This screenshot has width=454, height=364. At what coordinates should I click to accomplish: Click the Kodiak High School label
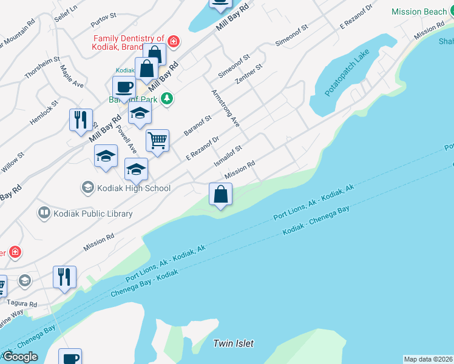[133, 188]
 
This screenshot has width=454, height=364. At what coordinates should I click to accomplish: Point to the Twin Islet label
[233, 343]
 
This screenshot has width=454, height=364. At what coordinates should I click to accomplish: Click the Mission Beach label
[419, 12]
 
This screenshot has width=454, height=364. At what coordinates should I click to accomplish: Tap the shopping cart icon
[157, 141]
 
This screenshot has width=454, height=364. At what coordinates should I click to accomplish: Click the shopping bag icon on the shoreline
[221, 195]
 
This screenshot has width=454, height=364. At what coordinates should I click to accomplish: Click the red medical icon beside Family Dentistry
[174, 41]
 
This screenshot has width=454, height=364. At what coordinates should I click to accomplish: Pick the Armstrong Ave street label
[225, 108]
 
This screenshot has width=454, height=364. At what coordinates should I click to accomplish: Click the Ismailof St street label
[228, 156]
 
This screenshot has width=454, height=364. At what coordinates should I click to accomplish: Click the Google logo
[21, 357]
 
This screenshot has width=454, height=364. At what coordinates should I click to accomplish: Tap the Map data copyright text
[428, 359]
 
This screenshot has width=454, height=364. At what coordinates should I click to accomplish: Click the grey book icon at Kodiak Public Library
[44, 213]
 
